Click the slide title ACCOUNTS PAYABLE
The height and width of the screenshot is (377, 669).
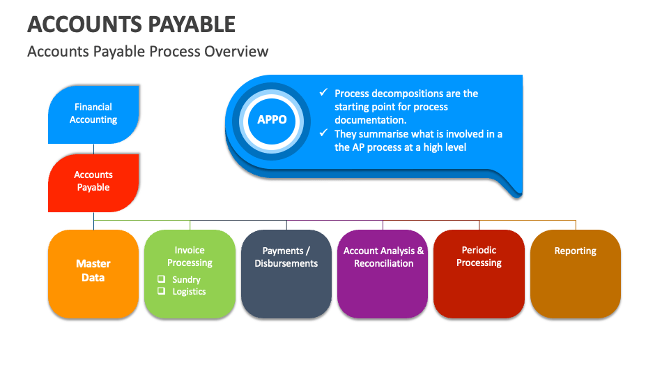tap(131, 24)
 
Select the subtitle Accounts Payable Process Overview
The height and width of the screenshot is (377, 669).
tap(147, 52)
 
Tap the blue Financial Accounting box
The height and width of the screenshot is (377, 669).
tap(93, 114)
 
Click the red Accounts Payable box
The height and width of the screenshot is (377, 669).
tap(93, 182)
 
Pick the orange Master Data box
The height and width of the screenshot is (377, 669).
tap(93, 272)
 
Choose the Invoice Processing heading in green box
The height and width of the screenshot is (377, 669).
tap(190, 256)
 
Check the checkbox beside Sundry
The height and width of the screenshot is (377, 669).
tap(161, 279)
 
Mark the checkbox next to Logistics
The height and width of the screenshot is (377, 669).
tap(161, 291)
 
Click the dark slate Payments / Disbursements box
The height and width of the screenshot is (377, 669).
tap(286, 272)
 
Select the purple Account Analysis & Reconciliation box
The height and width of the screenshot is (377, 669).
tap(383, 272)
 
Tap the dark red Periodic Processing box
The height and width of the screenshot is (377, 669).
tap(479, 272)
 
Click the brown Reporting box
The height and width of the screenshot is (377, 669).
tap(575, 272)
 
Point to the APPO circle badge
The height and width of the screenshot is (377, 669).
tap(272, 119)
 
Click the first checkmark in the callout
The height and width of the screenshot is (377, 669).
tap(323, 93)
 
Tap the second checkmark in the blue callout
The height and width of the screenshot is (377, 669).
tap(323, 133)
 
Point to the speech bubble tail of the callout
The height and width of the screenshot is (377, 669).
tap(512, 187)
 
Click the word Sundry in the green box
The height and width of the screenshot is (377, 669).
tap(186, 279)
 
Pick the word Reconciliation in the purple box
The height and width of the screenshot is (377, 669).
tap(383, 263)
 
